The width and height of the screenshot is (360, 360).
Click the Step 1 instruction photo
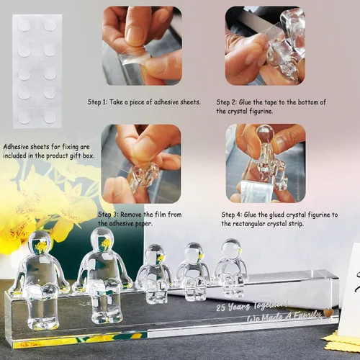[142, 46]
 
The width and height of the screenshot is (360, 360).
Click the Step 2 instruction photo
[265, 46]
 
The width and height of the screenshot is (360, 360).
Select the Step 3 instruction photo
[141, 164]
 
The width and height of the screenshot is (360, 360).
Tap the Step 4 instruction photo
[266, 163]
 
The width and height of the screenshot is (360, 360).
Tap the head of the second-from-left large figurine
[102, 240]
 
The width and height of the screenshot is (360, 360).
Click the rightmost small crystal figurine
[231, 267]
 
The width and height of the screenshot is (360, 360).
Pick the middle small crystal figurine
[192, 271]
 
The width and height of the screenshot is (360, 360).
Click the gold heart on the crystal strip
[328, 312]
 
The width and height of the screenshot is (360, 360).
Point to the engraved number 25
[221, 308]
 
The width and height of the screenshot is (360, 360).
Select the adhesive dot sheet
[37, 71]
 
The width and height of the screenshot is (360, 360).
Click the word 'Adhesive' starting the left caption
[16, 147]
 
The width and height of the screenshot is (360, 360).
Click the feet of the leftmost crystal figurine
[43, 324]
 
